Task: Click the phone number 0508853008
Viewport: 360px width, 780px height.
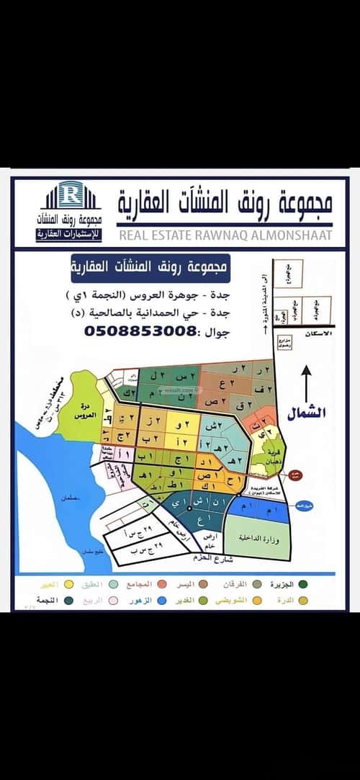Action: pos(141,331)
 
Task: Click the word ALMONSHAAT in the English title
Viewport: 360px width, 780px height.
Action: pos(295,235)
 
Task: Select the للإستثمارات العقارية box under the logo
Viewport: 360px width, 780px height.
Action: pos(70,236)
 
